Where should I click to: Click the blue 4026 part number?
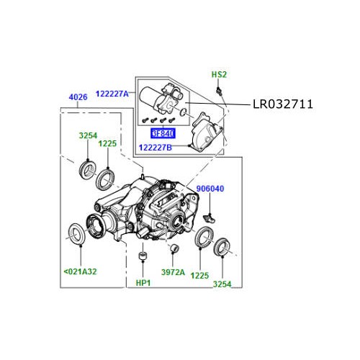point(78,96)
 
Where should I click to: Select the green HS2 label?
point(219,75)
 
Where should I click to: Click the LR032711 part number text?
point(282,105)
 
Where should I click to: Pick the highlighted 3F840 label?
point(162,133)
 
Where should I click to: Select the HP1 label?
point(143,283)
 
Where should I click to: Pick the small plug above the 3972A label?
point(174,249)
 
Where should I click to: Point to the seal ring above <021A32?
point(75,233)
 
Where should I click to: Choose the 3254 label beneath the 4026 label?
point(89,134)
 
